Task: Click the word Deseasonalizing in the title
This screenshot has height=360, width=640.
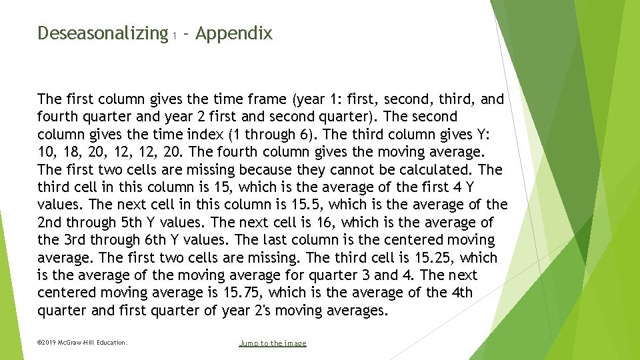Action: (102, 33)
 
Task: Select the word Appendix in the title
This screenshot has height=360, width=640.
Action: (234, 33)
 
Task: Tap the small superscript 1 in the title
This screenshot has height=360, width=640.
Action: (174, 37)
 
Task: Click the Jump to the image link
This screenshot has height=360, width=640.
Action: (273, 343)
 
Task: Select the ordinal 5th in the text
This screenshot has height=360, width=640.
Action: (150, 222)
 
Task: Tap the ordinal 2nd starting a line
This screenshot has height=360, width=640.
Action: (50, 222)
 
